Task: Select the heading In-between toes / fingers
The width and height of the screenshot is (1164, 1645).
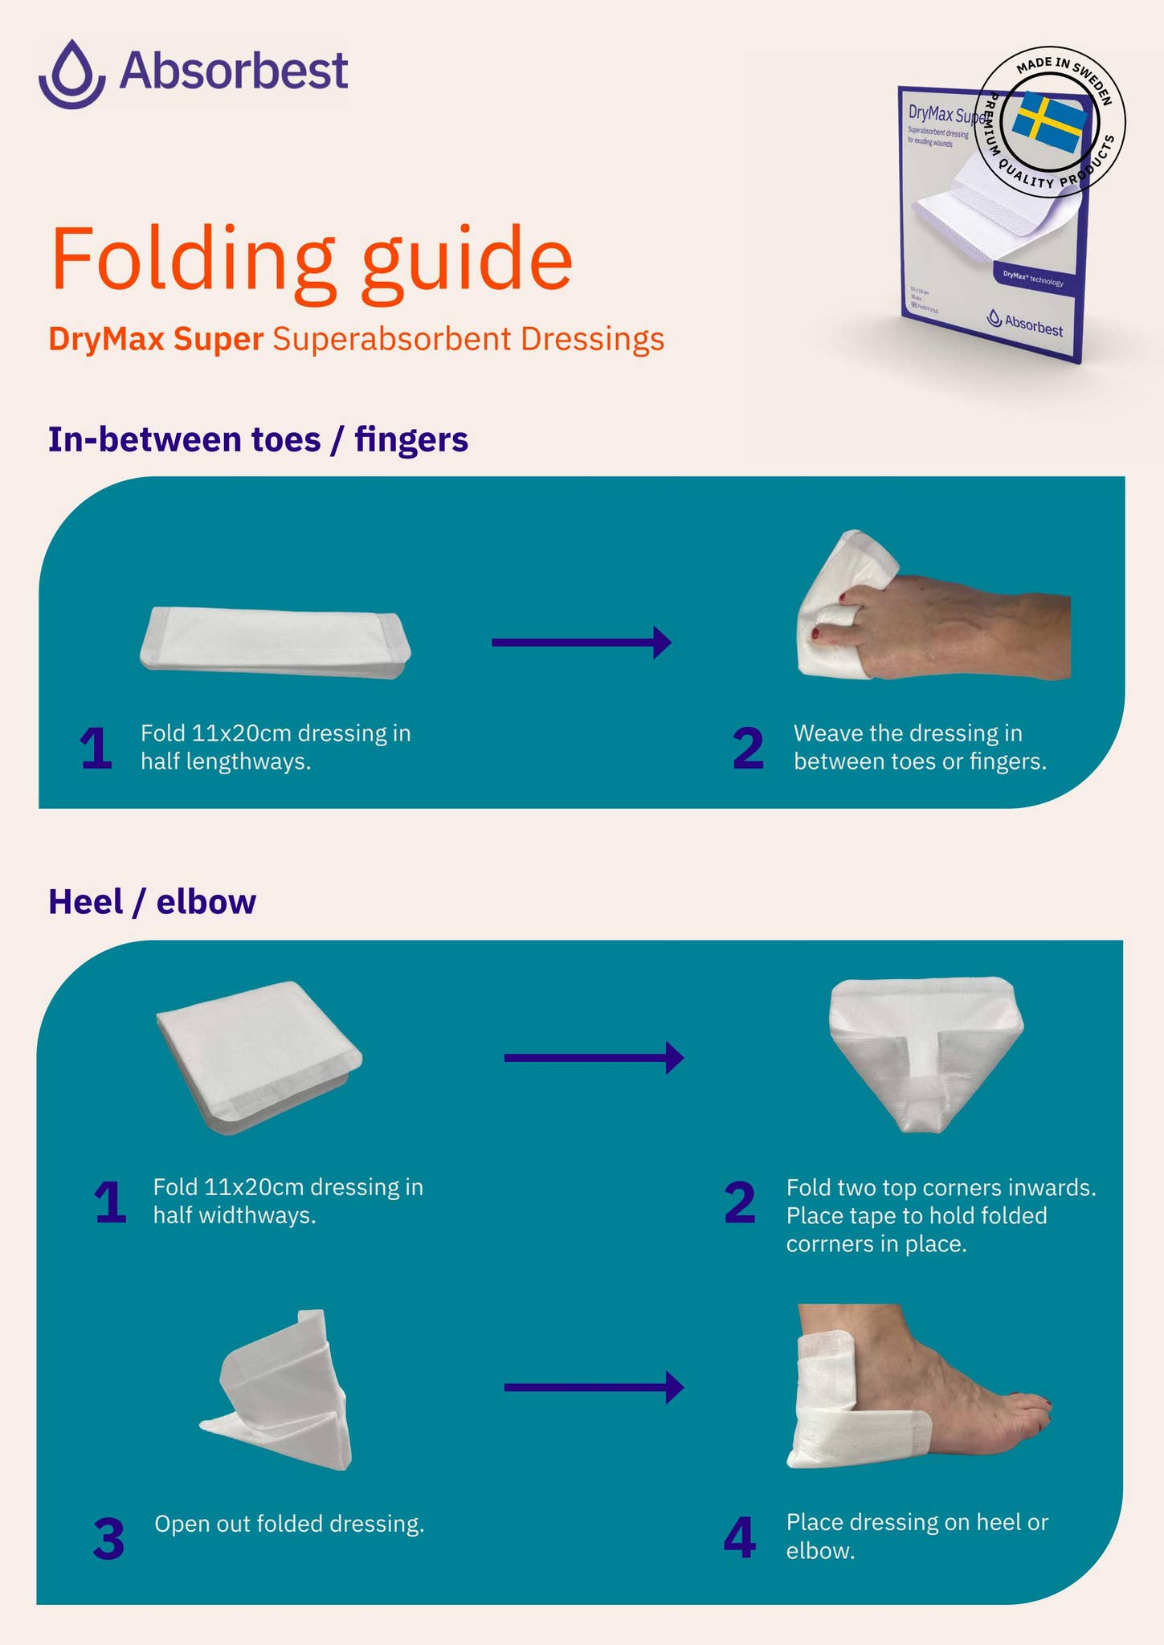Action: tap(258, 439)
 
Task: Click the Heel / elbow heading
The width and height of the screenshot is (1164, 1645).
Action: tap(152, 901)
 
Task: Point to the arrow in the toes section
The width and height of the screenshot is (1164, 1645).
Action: tap(582, 642)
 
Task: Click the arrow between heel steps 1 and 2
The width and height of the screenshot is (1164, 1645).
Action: tap(594, 1057)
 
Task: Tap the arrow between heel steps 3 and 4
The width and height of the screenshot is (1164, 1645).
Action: tap(594, 1387)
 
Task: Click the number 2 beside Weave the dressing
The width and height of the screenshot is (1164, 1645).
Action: tap(748, 749)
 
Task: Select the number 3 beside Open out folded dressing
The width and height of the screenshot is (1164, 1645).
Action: tap(108, 1540)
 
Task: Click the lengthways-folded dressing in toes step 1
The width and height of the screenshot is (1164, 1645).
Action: tap(275, 642)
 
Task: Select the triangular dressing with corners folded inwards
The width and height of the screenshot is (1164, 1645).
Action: tap(925, 1052)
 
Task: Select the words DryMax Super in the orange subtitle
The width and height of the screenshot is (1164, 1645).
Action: tap(156, 339)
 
